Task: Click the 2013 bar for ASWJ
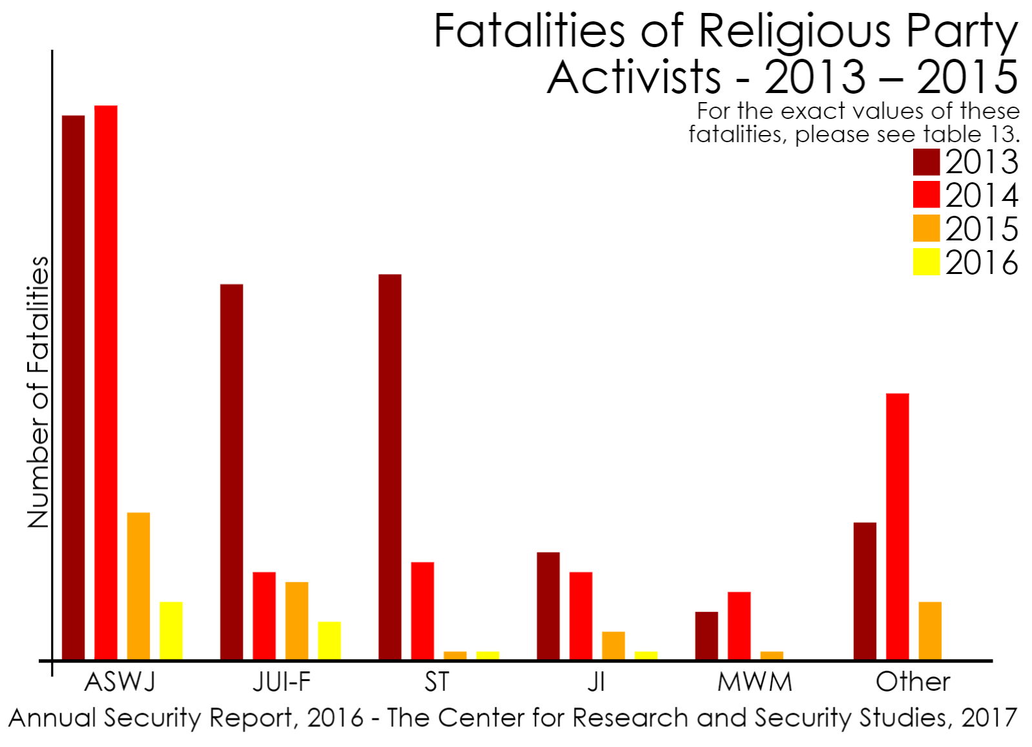73,387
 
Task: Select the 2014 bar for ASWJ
106,382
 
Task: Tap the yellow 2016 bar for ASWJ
171,630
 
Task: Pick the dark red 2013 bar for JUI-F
231,472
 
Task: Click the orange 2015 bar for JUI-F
297,620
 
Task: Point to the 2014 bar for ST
422,611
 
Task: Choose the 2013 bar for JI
548,605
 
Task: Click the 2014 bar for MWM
739,626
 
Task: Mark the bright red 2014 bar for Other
897,526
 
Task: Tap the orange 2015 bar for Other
930,630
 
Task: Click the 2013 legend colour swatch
926,162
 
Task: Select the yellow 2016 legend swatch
926,262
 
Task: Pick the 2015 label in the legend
982,229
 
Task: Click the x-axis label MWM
754,682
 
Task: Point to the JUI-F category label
282,682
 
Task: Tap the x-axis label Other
913,682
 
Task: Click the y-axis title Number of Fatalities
39,392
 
